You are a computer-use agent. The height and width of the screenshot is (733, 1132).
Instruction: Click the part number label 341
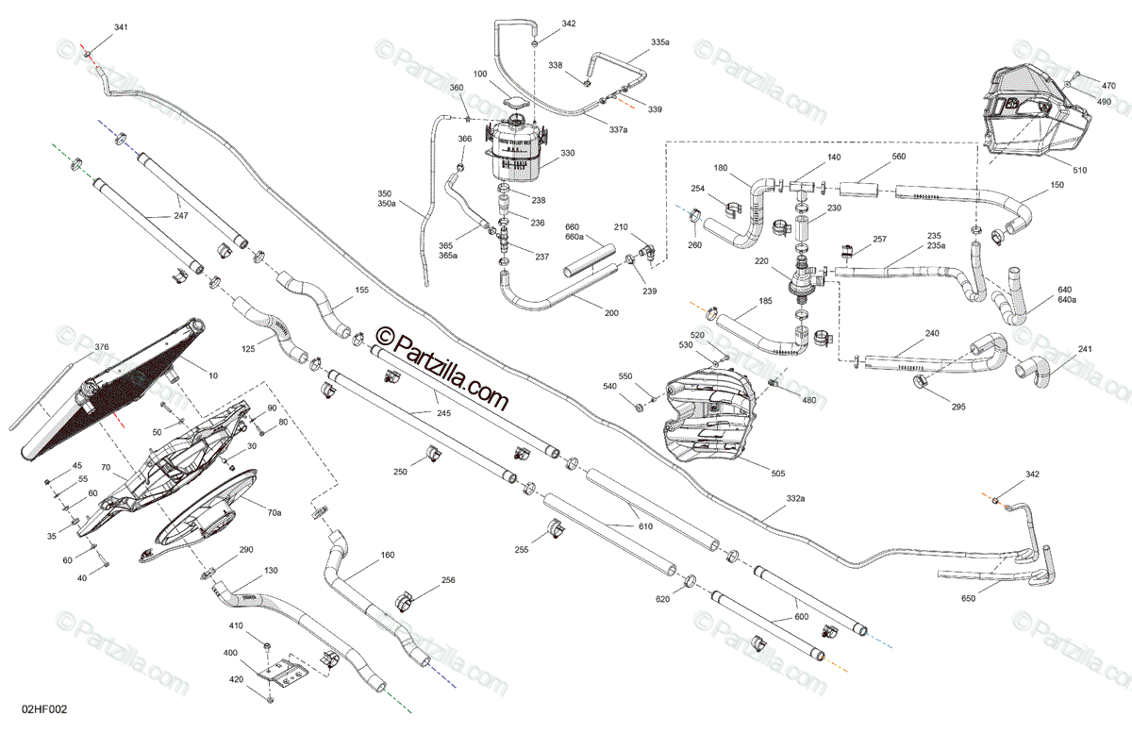click(x=120, y=27)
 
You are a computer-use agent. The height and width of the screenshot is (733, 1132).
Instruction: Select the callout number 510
click(x=1078, y=171)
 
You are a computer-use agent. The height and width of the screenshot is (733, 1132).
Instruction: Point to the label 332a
click(x=795, y=497)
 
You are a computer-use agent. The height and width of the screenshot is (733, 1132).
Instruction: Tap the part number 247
click(x=181, y=216)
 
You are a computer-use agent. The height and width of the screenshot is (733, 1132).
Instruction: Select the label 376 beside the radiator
click(x=101, y=346)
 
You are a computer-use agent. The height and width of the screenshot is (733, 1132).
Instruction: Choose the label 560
click(x=898, y=157)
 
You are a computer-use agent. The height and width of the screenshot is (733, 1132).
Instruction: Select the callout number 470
click(x=1108, y=86)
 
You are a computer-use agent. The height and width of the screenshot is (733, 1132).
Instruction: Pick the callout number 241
click(x=1085, y=348)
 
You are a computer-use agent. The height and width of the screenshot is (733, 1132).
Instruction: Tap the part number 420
click(x=236, y=680)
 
